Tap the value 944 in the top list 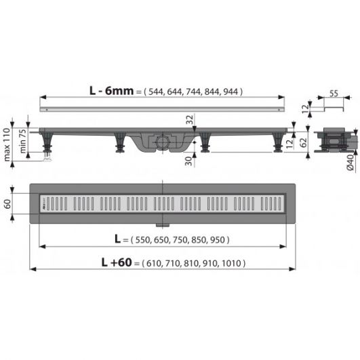[x=231, y=92]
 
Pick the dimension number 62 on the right [x=304, y=143]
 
